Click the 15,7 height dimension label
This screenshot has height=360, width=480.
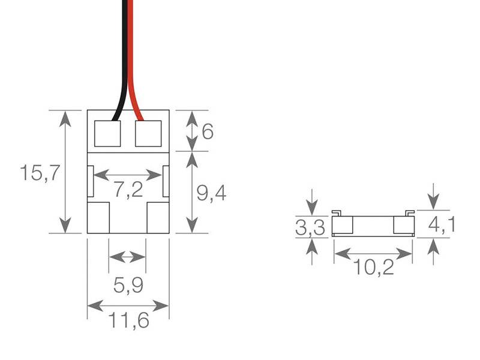point(40,173)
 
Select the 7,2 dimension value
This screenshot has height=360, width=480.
point(128,190)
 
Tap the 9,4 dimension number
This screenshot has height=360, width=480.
point(211,194)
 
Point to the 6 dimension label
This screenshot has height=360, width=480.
point(208,131)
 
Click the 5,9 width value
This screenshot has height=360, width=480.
point(128,286)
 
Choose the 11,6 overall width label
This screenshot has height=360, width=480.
point(129,320)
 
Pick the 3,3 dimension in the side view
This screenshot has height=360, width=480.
point(310,228)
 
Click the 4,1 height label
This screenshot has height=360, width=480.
point(441,224)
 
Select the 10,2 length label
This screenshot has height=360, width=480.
point(373,267)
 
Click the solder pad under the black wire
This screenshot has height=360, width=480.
point(107,133)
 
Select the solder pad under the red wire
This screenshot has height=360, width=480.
point(148,133)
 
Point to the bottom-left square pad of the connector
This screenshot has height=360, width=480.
point(98,218)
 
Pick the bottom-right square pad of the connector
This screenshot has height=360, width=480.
point(158,218)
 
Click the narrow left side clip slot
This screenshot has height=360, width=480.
point(91,181)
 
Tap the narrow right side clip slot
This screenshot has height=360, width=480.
point(166,181)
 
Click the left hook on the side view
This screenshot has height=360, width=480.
point(337,213)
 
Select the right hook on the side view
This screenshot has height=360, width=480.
point(410,213)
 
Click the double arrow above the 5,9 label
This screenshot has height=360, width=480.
point(127,257)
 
